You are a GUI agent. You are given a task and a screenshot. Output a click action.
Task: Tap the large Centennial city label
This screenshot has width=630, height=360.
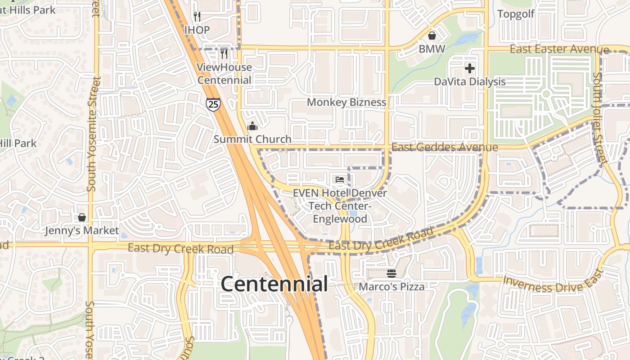pyautogui.click(x=274, y=284)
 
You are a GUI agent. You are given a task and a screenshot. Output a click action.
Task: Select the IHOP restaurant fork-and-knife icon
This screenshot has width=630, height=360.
pyautogui.click(x=197, y=17)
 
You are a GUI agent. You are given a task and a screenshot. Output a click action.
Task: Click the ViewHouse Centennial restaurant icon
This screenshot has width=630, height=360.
pyautogui.click(x=224, y=54)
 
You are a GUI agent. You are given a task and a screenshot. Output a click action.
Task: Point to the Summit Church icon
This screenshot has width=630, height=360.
pyautogui.click(x=252, y=126)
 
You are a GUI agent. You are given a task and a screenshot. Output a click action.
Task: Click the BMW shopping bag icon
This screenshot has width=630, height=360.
pyautogui.click(x=432, y=36)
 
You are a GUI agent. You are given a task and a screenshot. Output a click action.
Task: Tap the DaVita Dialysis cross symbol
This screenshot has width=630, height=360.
pyautogui.click(x=470, y=68)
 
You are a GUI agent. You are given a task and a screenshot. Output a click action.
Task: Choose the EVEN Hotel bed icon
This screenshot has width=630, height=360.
pyautogui.click(x=340, y=180)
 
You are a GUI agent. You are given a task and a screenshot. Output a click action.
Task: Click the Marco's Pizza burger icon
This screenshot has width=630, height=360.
pyautogui.click(x=391, y=274)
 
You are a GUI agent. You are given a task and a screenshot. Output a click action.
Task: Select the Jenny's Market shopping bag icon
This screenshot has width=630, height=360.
pyautogui.click(x=82, y=218)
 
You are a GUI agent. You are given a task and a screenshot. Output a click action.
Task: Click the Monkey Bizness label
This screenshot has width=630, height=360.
pyautogui.click(x=346, y=103)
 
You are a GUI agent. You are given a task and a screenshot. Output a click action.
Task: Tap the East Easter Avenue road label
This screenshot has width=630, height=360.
pyautogui.click(x=559, y=49)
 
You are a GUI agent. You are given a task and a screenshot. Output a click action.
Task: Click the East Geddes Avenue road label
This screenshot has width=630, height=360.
pyautogui.click(x=445, y=148)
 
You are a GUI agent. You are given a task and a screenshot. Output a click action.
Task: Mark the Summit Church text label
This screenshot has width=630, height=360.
pyautogui.click(x=252, y=139)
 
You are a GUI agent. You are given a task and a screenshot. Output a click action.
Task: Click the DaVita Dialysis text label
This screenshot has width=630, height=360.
pyautogui.click(x=470, y=82)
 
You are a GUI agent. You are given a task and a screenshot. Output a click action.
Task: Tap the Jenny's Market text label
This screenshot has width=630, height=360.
pyautogui.click(x=82, y=231)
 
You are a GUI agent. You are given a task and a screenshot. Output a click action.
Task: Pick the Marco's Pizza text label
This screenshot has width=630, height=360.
pyautogui.click(x=391, y=287)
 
